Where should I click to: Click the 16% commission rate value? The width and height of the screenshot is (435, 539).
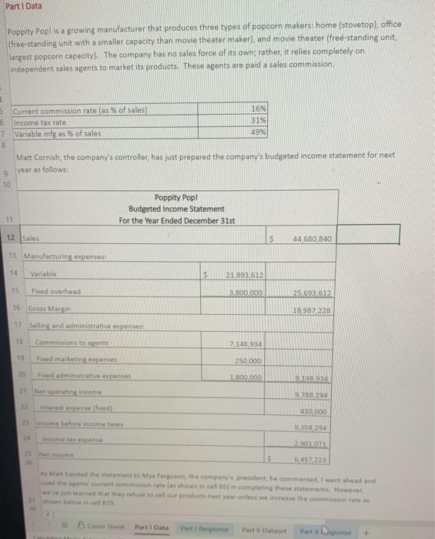(259, 111)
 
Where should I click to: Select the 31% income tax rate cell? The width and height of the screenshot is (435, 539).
(259, 122)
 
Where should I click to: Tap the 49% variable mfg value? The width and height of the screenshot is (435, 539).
(259, 132)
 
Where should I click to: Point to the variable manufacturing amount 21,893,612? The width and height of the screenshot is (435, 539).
(245, 275)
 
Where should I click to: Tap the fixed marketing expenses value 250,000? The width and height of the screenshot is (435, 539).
(250, 360)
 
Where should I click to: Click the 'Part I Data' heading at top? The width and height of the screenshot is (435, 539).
(24, 6)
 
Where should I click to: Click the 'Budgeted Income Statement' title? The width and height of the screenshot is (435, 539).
(176, 209)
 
